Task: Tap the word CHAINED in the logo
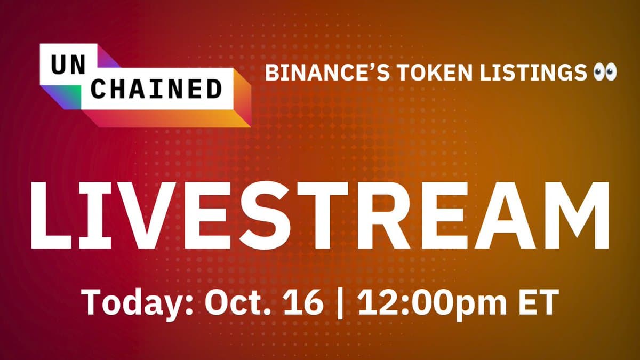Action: (156, 89)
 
